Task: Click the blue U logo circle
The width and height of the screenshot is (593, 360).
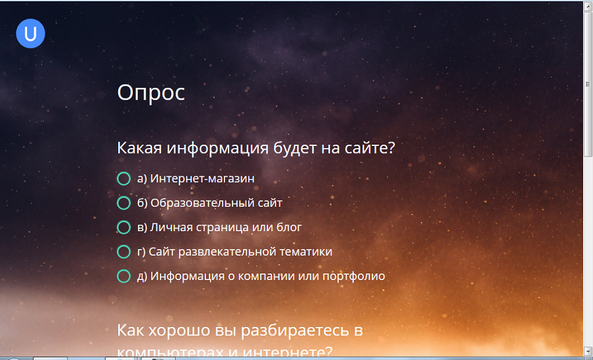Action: [30, 34]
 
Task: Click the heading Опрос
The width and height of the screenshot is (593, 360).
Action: [151, 92]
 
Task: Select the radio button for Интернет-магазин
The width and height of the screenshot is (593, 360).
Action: [123, 178]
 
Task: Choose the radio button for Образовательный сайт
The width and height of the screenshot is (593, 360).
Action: [123, 203]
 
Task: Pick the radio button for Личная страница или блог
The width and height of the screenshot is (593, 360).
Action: [123, 227]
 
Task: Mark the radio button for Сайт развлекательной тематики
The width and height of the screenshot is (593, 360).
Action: [123, 252]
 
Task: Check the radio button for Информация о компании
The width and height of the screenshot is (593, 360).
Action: [123, 276]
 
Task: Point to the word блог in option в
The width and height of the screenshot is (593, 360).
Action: [288, 227]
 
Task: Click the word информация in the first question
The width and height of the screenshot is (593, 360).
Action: [216, 147]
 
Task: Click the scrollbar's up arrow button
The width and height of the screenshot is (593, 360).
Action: [588, 6]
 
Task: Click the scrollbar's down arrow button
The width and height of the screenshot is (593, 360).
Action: [588, 350]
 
